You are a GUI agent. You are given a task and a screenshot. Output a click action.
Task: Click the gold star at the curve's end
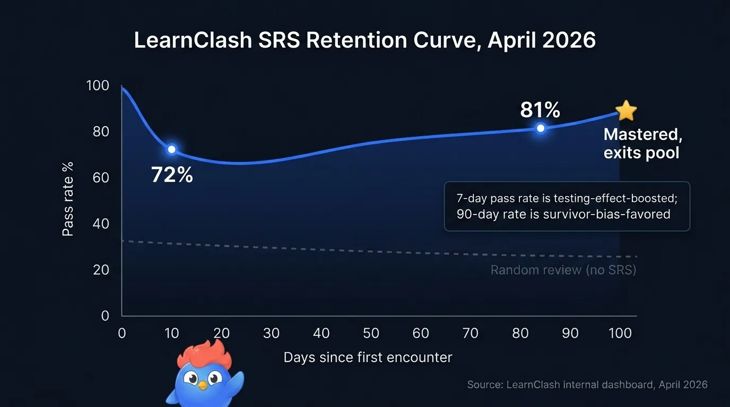627,111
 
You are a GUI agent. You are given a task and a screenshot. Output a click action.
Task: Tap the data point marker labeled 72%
171,149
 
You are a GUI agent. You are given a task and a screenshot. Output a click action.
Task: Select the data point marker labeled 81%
541,128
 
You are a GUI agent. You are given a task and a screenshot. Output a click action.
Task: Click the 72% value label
172,174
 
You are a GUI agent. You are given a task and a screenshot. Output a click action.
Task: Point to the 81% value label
540,110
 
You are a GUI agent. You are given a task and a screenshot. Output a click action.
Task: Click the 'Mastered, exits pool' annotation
642,144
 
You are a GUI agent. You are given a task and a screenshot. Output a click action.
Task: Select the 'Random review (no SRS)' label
563,270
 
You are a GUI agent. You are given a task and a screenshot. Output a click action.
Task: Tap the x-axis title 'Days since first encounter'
368,357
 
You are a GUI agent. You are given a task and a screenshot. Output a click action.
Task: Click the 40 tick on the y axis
101,224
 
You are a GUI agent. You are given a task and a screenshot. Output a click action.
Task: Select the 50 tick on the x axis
371,333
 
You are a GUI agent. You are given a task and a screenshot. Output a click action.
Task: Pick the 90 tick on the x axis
570,333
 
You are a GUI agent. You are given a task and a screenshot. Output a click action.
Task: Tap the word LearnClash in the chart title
192,41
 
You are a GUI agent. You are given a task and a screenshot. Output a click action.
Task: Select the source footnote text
587,385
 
